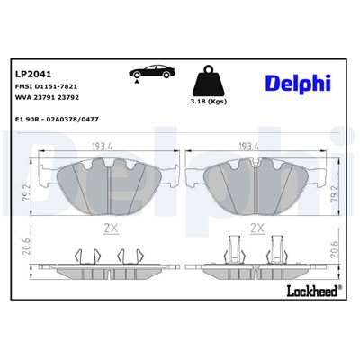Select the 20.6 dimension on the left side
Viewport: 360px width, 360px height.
[x=27, y=255]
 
